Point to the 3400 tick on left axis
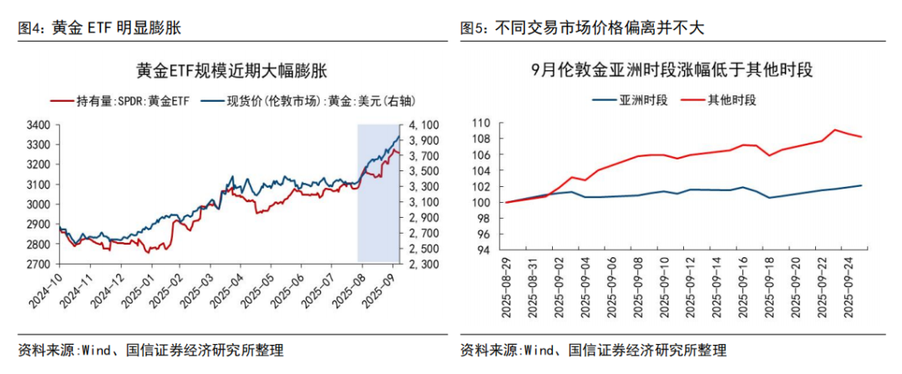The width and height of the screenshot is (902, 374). click(x=38, y=125)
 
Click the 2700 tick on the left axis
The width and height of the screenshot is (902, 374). click(x=38, y=265)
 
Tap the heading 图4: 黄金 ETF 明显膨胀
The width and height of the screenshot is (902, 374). click(x=99, y=28)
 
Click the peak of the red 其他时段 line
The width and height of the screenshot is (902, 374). click(x=835, y=129)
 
